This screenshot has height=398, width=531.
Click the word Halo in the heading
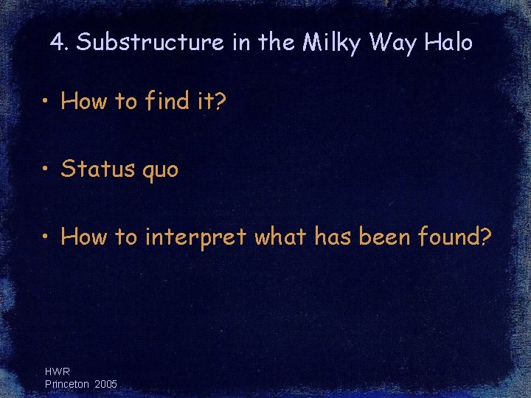click(x=448, y=43)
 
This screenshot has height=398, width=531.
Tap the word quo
click(x=159, y=171)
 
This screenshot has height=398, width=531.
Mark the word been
click(x=383, y=237)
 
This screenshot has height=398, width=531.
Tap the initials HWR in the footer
click(x=58, y=372)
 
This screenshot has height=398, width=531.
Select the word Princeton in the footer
click(x=66, y=384)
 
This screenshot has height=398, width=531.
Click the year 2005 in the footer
click(x=105, y=384)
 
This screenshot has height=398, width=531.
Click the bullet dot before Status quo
click(x=46, y=170)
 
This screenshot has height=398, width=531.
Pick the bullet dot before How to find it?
click(x=46, y=102)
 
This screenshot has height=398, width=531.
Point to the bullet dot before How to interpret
click(x=46, y=237)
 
